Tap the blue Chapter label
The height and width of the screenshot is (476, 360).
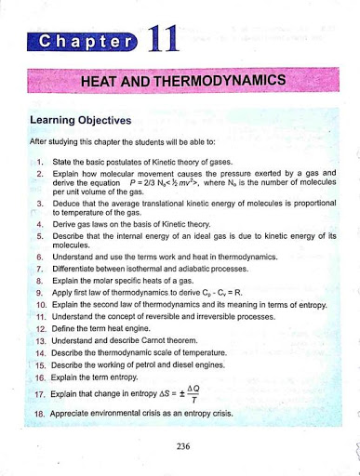coord(83,43)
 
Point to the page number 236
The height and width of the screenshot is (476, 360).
coord(181,445)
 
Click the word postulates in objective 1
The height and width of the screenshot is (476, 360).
coord(120,161)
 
